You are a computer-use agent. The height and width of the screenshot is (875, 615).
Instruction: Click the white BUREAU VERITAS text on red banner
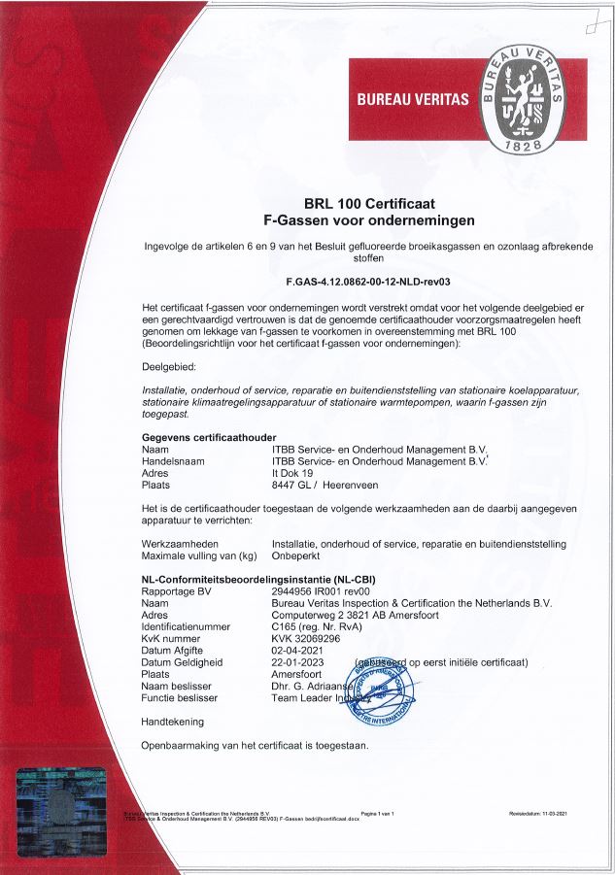413,99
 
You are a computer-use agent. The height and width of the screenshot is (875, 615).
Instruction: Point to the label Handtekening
173,722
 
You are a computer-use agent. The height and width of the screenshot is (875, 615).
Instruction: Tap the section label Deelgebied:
169,368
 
